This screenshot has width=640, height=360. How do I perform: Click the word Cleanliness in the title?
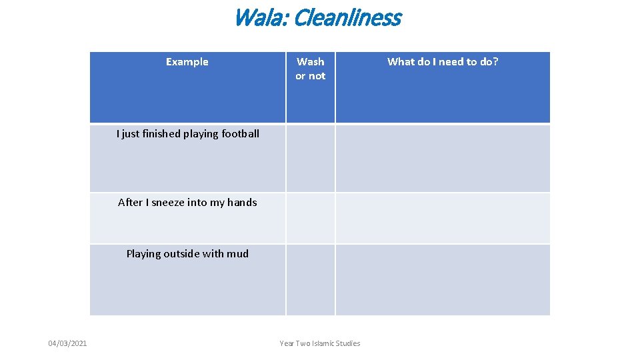pyautogui.click(x=347, y=18)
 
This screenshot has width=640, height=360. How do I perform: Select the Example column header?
pyautogui.click(x=187, y=62)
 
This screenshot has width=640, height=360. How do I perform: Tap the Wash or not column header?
pyautogui.click(x=311, y=69)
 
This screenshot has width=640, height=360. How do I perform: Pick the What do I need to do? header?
pyautogui.click(x=443, y=62)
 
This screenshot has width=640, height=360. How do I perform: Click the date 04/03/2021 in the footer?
pyautogui.click(x=67, y=343)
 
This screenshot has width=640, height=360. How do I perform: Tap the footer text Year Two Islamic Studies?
pyautogui.click(x=320, y=343)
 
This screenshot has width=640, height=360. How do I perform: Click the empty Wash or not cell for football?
pyautogui.click(x=311, y=159)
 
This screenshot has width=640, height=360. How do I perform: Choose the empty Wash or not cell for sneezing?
pyautogui.click(x=311, y=218)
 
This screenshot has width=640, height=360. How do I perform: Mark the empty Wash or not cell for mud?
pyautogui.click(x=311, y=279)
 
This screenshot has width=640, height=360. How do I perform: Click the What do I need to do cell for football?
pyautogui.click(x=443, y=159)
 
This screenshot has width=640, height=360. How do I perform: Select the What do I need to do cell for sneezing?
pyautogui.click(x=443, y=218)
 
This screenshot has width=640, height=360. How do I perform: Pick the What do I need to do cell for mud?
pyautogui.click(x=443, y=279)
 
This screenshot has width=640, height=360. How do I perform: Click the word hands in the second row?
pyautogui.click(x=242, y=203)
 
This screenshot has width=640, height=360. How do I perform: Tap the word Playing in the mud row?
pyautogui.click(x=143, y=253)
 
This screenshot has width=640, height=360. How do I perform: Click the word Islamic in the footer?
pyautogui.click(x=322, y=343)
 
